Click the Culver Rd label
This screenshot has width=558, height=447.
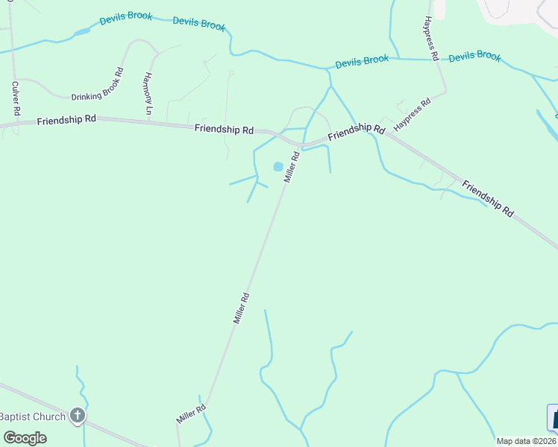click(x=15, y=98)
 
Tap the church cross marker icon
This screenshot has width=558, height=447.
click(x=77, y=416)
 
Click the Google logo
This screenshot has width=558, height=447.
click(x=25, y=437)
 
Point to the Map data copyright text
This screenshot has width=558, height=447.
click(x=526, y=441)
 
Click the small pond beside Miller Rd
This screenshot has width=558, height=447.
click(x=278, y=167)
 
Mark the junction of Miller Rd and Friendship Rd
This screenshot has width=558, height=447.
click(x=302, y=143)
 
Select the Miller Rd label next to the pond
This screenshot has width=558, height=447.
click(x=291, y=167)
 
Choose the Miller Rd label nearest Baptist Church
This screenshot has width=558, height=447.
click(x=190, y=413)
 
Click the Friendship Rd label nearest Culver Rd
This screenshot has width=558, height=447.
click(x=66, y=119)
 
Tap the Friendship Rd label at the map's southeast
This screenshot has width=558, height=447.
click(x=487, y=198)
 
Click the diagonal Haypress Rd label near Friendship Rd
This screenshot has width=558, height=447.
click(x=413, y=115)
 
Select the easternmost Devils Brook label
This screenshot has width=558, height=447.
click(x=475, y=56)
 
